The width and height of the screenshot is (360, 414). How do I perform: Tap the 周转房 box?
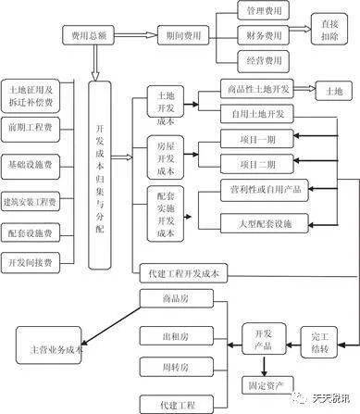click(172, 369)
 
